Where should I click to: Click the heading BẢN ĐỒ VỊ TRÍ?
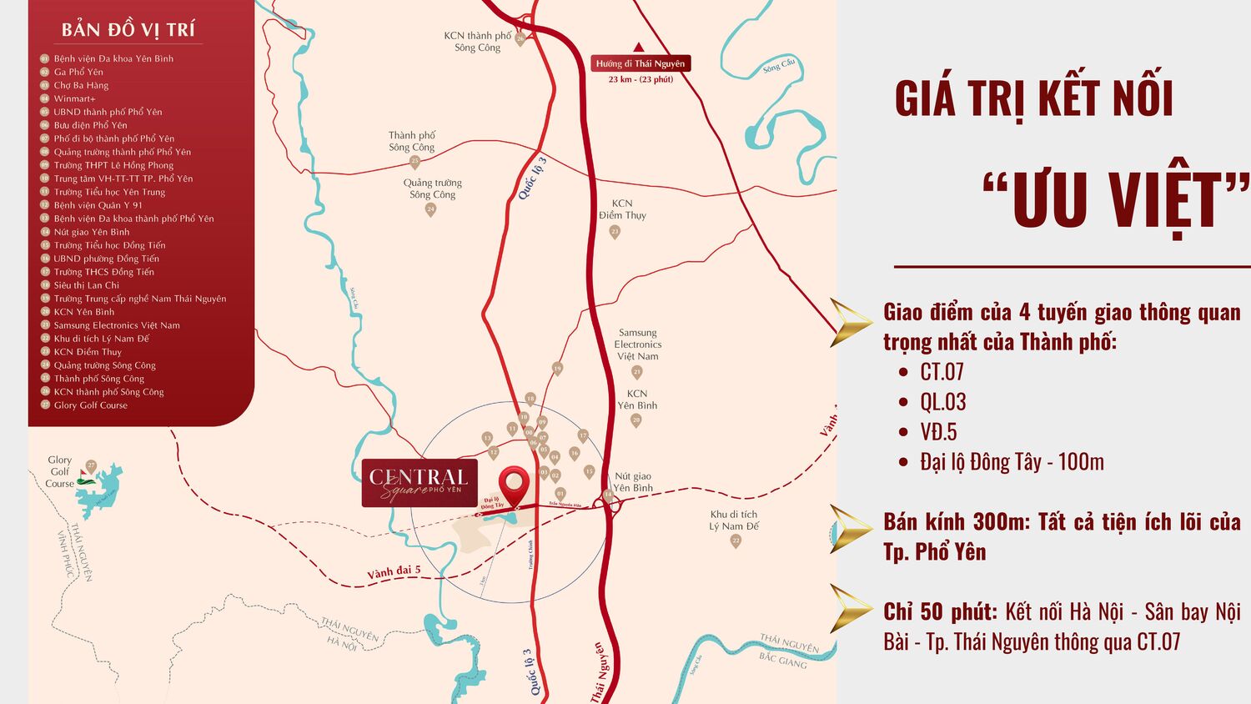pyautogui.click(x=128, y=30)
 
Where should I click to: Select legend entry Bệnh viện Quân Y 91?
pyautogui.click(x=98, y=205)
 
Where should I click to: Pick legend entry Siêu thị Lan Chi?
pyautogui.click(x=86, y=285)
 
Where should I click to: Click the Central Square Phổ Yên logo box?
pyautogui.click(x=420, y=483)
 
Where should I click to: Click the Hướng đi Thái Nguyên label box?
pyautogui.click(x=640, y=63)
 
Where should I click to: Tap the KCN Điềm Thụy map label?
pyautogui.click(x=622, y=209)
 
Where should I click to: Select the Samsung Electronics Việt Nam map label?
pyautogui.click(x=637, y=344)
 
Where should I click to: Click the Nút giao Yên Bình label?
pyautogui.click(x=633, y=482)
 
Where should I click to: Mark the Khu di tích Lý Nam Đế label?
pyautogui.click(x=734, y=520)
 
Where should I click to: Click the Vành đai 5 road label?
pyautogui.click(x=394, y=573)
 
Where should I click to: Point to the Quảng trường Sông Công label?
pyautogui.click(x=432, y=189)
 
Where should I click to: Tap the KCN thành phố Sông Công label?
pyautogui.click(x=477, y=42)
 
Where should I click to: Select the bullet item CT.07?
pyautogui.click(x=942, y=372)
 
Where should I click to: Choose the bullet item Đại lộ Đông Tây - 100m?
pyautogui.click(x=1012, y=462)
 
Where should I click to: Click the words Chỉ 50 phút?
pyautogui.click(x=940, y=612)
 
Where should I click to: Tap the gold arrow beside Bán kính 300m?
pyautogui.click(x=851, y=529)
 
